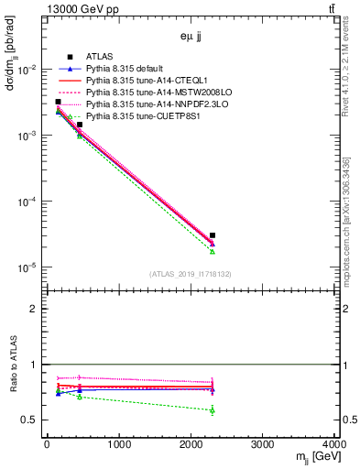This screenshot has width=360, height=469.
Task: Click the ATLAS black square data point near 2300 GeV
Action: (213, 235)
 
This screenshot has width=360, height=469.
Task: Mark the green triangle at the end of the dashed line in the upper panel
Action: (213, 251)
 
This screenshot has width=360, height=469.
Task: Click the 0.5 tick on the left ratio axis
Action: (30, 420)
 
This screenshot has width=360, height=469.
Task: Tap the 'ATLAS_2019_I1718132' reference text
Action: (190, 274)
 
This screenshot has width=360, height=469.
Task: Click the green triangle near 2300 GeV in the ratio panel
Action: (213, 409)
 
